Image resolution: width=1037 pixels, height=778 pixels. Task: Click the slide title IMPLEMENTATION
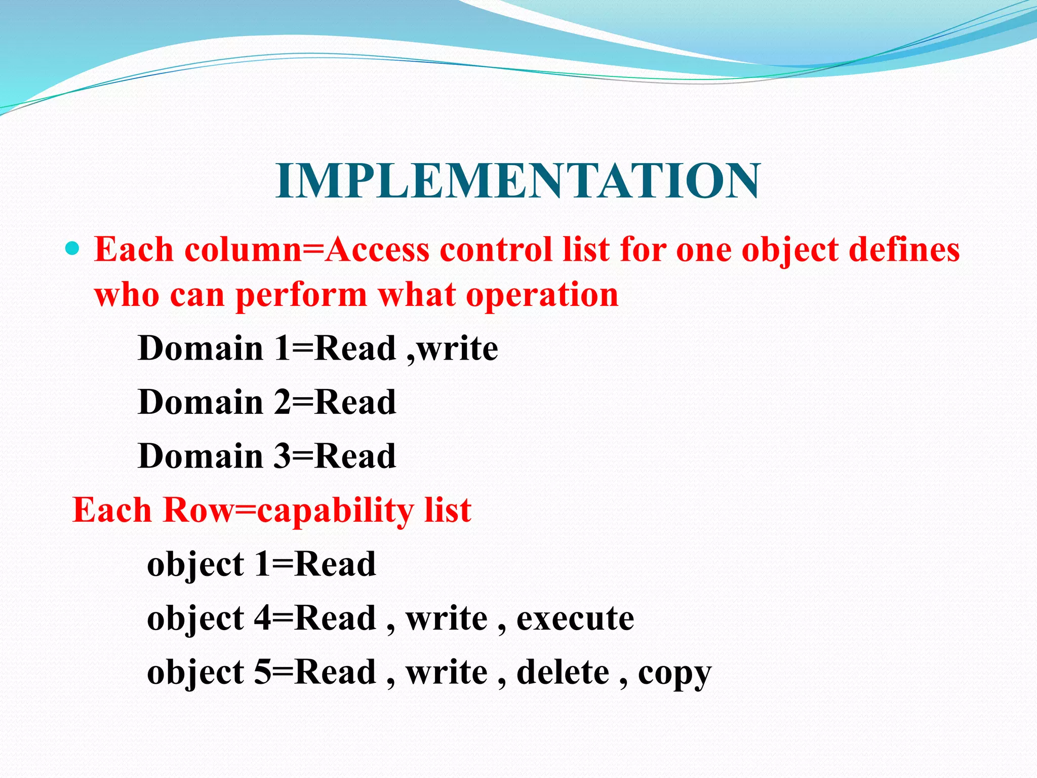coord(518,181)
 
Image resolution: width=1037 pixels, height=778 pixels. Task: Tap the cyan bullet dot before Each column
coord(73,248)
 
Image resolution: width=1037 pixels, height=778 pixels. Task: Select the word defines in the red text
coord(904,250)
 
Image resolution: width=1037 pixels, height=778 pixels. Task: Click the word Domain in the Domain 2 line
coord(201,402)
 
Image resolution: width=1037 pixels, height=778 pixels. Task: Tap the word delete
coord(563,673)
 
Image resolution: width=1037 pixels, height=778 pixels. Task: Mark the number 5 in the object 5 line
coord(262,673)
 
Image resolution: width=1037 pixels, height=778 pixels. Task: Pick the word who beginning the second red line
coord(127,295)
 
